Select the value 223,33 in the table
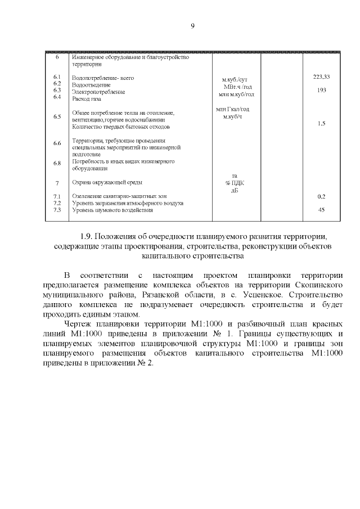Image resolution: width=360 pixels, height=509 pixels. click(321, 76)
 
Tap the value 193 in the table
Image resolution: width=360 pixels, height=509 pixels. click(322, 91)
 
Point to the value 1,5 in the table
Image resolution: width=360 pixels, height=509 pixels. click(321, 123)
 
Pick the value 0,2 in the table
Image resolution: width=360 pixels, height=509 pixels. click(321, 196)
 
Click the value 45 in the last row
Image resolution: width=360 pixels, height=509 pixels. click(321, 210)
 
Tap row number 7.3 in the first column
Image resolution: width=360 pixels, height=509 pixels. click(57, 210)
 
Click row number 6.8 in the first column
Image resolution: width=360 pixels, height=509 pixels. click(57, 163)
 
